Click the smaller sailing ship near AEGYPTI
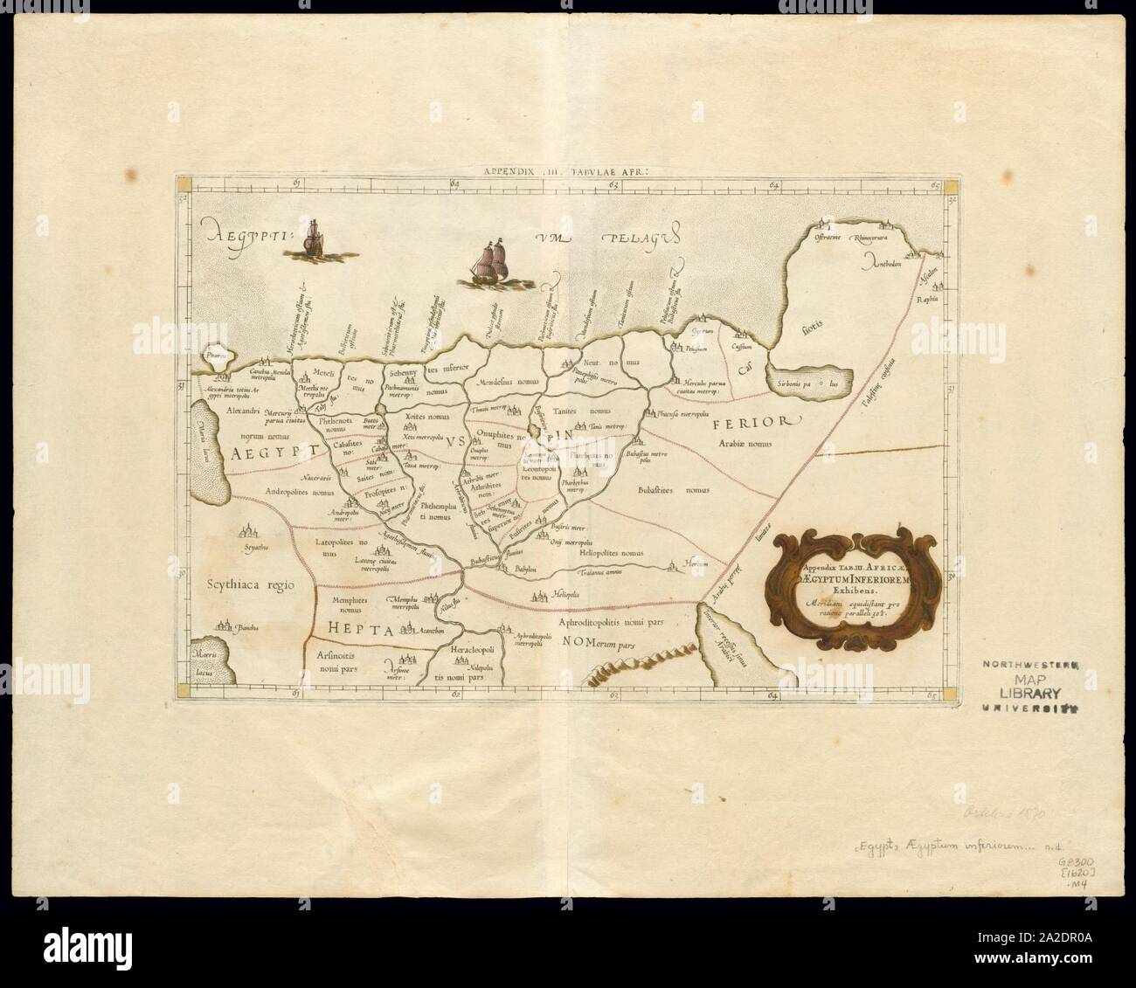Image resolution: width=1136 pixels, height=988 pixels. point(313,238)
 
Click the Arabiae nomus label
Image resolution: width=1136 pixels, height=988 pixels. point(745,445)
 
